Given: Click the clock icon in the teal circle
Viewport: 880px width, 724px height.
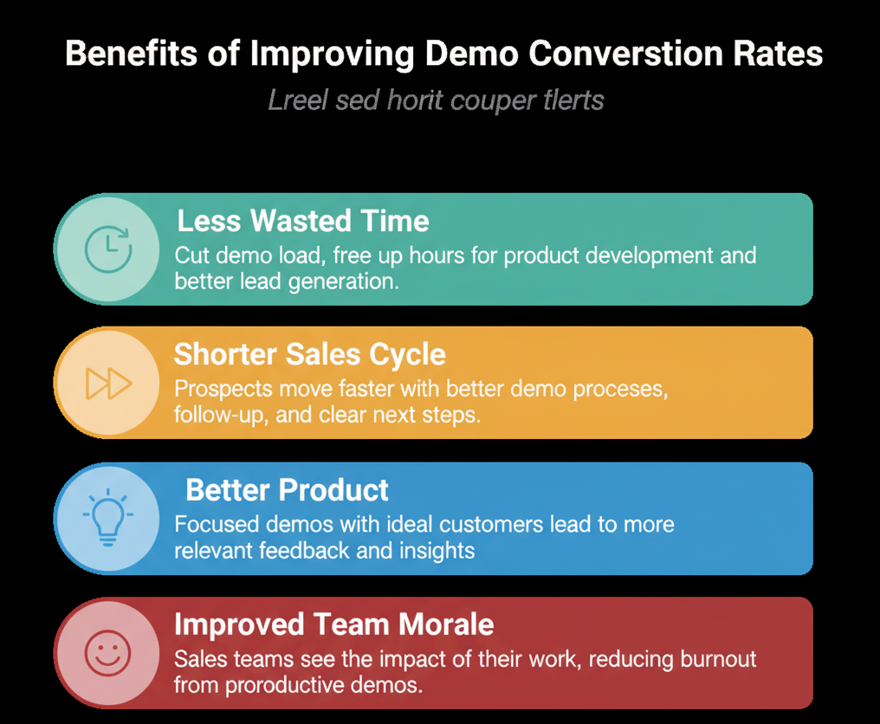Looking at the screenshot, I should click(108, 249).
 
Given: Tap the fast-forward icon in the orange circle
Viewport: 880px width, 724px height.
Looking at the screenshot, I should click(109, 383).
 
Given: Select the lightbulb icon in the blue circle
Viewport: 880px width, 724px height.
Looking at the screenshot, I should click(107, 518).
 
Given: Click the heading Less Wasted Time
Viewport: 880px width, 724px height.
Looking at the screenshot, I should click(303, 221).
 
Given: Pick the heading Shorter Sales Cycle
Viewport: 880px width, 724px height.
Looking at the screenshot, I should click(310, 354).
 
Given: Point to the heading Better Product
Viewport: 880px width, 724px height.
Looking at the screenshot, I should click(288, 490).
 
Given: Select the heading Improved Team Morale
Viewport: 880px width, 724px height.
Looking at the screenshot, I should click(334, 624).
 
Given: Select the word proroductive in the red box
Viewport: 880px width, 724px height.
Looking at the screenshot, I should click(281, 685).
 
